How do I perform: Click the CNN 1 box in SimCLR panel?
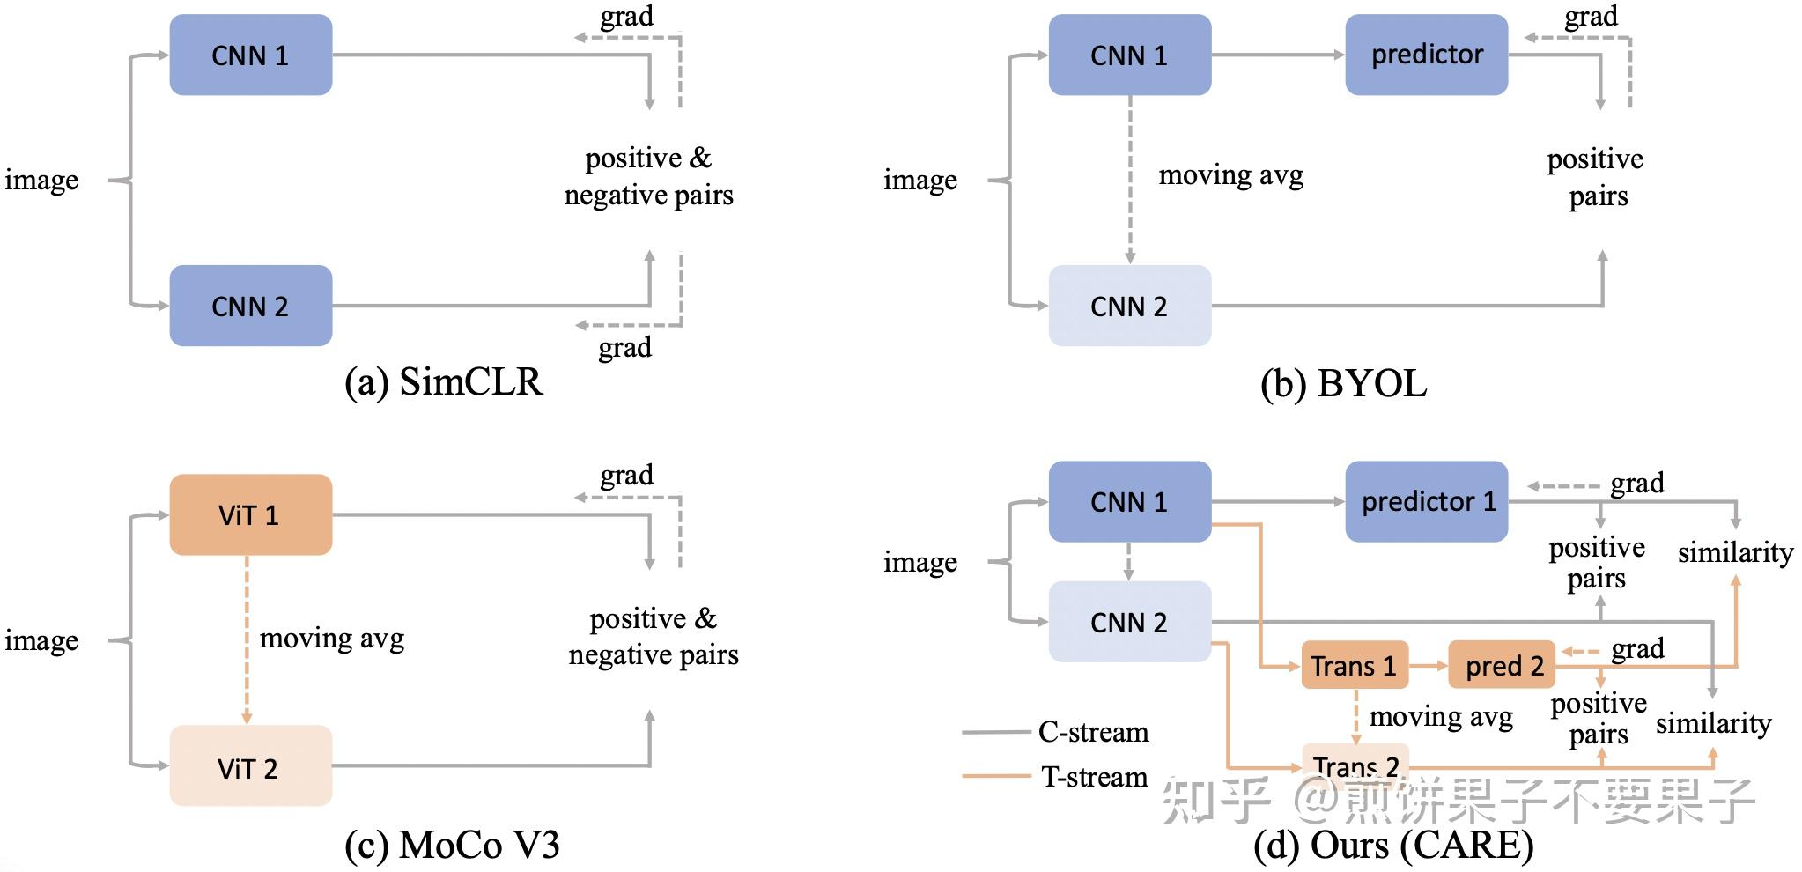pos(250,55)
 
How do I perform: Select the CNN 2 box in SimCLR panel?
pos(250,306)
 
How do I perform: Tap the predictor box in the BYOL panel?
pos(1426,55)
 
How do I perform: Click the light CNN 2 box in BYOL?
pos(1129,306)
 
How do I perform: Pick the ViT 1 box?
pos(250,515)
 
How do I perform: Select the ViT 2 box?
pos(250,766)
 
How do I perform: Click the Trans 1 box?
pos(1354,665)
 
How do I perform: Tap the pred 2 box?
pos(1503,665)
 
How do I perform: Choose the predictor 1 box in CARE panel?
pos(1426,501)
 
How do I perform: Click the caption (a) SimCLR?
pos(443,382)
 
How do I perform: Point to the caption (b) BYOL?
pos(1343,384)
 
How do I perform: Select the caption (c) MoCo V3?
pos(452,845)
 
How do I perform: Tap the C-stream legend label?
pos(1093,732)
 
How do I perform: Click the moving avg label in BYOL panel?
pos(1230,175)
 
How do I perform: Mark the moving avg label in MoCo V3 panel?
pos(332,638)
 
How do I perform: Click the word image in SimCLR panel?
pos(41,180)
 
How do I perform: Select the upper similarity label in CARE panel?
pos(1735,552)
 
